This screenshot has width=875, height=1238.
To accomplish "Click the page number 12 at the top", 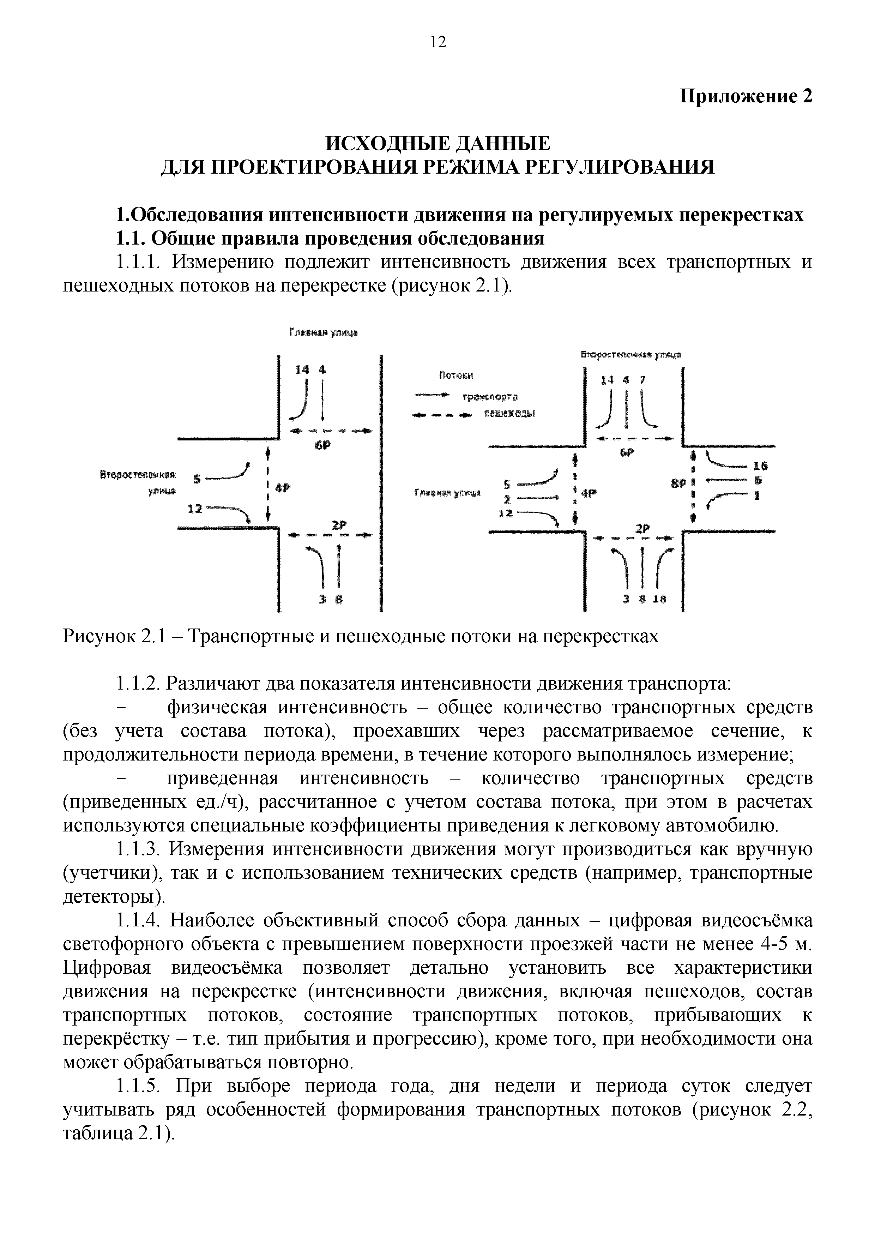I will [438, 42].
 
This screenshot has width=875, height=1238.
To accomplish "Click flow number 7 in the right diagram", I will [641, 380].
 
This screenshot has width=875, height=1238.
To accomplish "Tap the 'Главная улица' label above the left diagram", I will [324, 333].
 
